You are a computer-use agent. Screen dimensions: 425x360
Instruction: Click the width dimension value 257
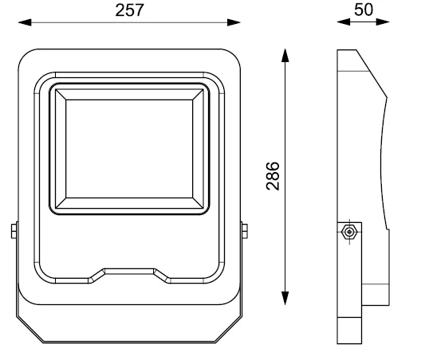point(129,10)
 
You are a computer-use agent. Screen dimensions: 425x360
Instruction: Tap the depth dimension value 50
point(364,10)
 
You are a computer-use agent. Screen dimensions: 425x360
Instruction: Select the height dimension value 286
point(273,176)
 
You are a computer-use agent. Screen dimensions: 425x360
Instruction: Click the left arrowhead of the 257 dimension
point(25,22)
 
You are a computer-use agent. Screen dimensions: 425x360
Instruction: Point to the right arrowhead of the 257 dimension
point(234,22)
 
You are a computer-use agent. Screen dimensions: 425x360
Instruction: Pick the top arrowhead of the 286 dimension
point(285,56)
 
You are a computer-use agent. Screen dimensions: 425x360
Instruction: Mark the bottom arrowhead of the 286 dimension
point(285,299)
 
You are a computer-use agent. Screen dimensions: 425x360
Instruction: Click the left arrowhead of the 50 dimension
point(344,22)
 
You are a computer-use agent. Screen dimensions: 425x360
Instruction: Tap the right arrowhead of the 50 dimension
point(383,22)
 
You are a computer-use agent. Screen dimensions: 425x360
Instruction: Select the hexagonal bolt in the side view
point(349,232)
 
